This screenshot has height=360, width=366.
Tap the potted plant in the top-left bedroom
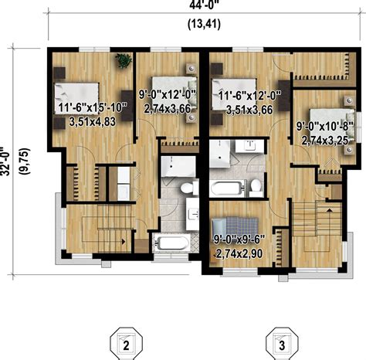[x=121, y=59]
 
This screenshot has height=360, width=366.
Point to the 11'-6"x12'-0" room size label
[x=249, y=97]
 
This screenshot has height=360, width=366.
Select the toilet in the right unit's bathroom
[x=254, y=187]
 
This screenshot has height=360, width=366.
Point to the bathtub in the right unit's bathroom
[x=227, y=186]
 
